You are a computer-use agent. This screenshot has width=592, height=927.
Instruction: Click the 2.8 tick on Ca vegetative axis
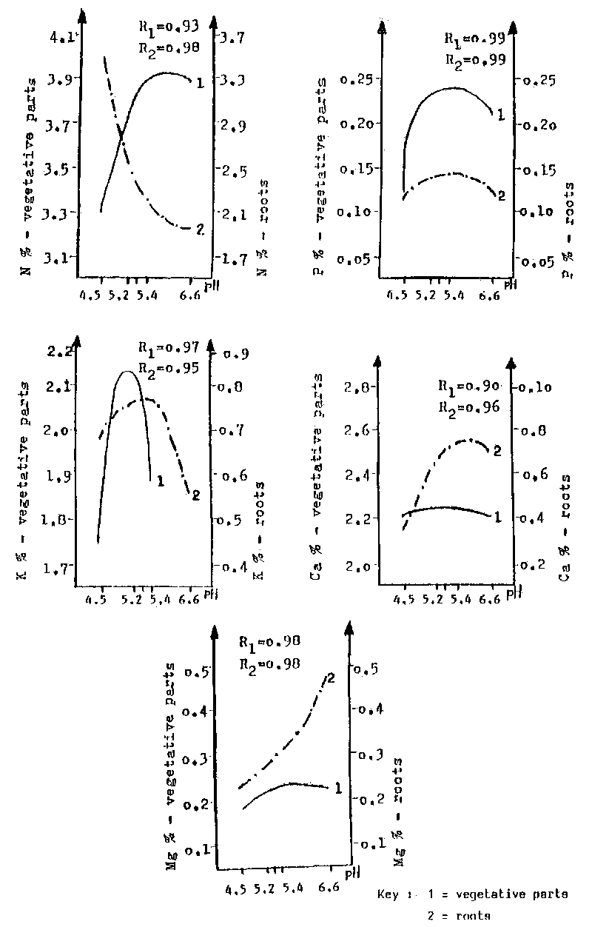pyautogui.click(x=357, y=387)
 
